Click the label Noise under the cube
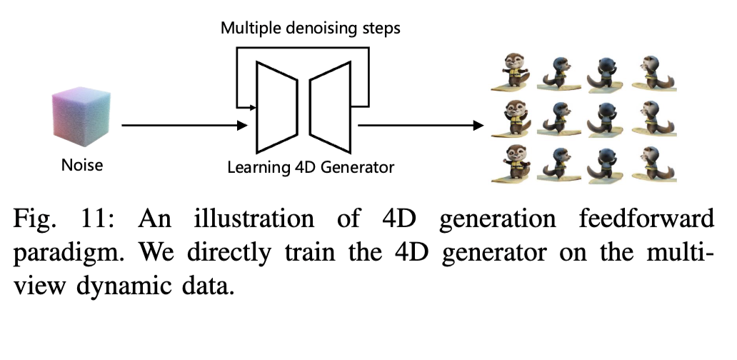click(81, 166)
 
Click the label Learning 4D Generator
click(311, 169)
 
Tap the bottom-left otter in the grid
click(513, 164)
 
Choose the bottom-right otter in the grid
click(651, 164)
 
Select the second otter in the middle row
click(558, 118)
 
